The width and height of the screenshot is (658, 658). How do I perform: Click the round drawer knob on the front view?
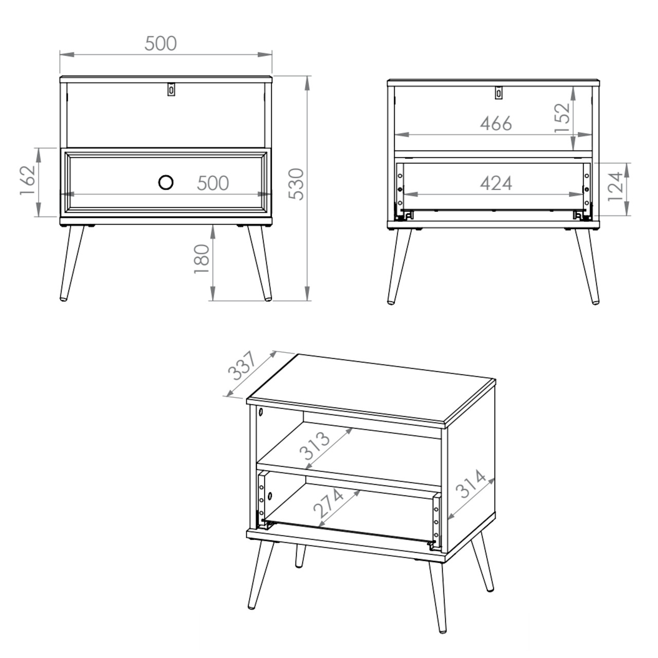pyautogui.click(x=166, y=182)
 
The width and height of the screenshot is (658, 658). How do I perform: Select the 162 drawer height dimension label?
pyautogui.click(x=28, y=180)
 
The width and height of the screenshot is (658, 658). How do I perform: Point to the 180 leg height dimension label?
pyautogui.click(x=201, y=259)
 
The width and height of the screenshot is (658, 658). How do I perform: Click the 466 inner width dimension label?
pyautogui.click(x=496, y=123)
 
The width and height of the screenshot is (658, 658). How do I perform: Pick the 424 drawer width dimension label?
pyautogui.click(x=496, y=184)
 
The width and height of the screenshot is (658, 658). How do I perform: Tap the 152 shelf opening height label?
pyautogui.click(x=562, y=117)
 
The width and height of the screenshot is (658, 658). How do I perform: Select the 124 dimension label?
pyautogui.click(x=616, y=187)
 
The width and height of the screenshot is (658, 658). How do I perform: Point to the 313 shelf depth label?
pyautogui.click(x=315, y=446)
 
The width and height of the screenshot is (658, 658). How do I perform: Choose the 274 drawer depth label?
pyautogui.click(x=328, y=503)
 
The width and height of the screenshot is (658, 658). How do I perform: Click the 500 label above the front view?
pyautogui.click(x=160, y=44)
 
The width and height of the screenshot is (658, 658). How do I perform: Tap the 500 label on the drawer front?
pyautogui.click(x=213, y=183)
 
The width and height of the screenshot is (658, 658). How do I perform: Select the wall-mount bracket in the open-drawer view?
pyautogui.click(x=499, y=93)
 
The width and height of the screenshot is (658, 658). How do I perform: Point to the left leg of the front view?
pyautogui.click(x=71, y=263)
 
